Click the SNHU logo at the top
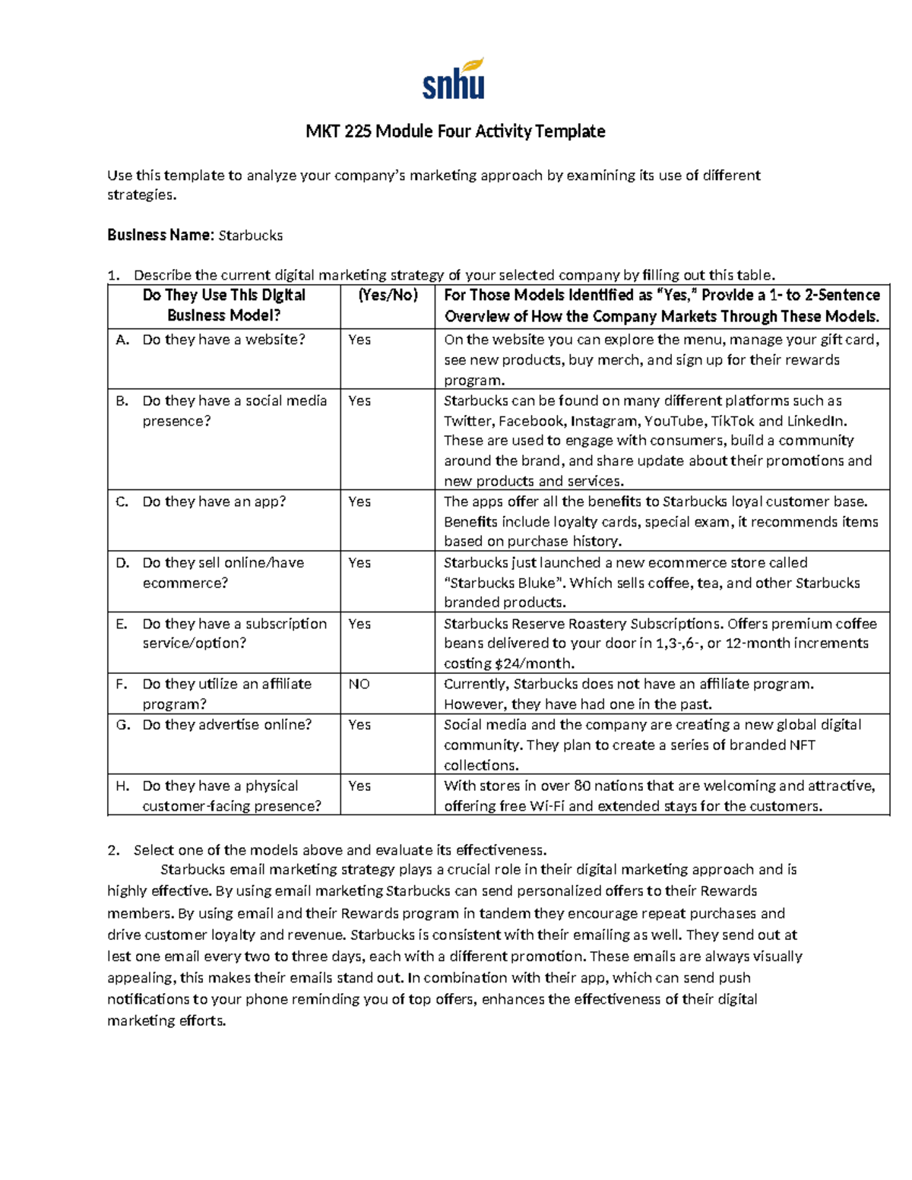click(454, 79)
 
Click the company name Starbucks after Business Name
click(250, 236)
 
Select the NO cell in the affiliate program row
click(359, 684)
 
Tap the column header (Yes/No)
click(388, 296)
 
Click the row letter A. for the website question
click(122, 340)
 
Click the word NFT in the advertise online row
click(802, 745)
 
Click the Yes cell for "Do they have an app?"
click(359, 501)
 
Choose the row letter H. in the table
click(122, 786)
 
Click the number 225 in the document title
click(357, 131)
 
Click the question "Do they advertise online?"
click(226, 725)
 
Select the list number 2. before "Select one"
click(113, 850)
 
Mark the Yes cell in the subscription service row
click(359, 624)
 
